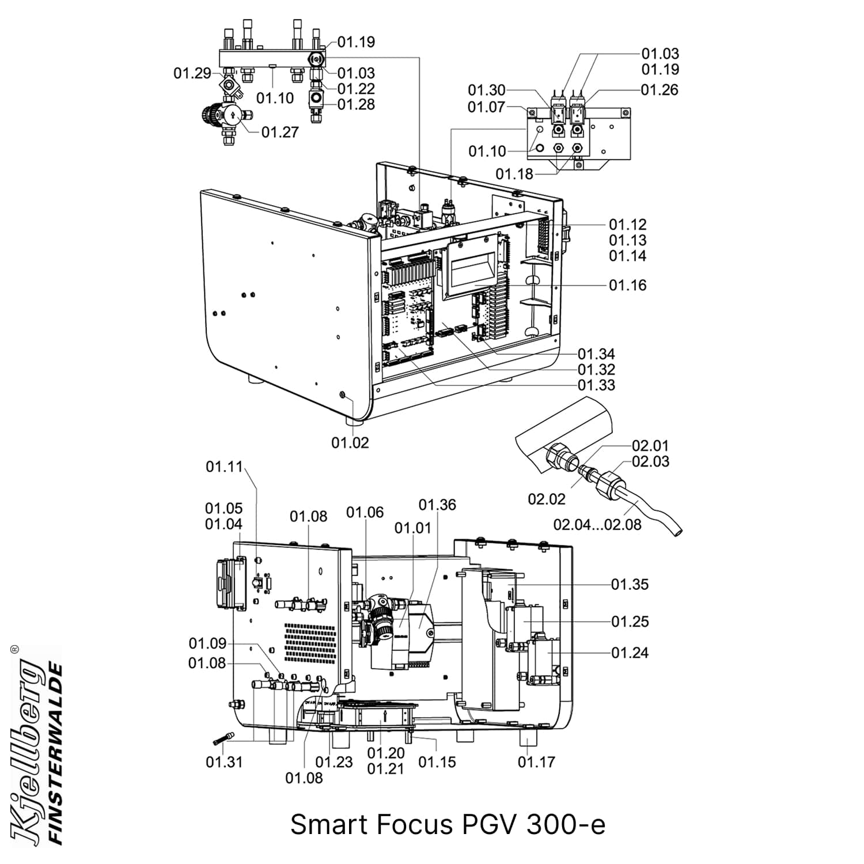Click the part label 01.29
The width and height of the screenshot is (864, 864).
tap(192, 74)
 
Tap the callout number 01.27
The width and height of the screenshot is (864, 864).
tap(280, 132)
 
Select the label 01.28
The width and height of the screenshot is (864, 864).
tap(356, 104)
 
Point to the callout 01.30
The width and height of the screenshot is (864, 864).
tap(486, 90)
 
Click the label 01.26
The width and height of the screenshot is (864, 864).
tap(660, 90)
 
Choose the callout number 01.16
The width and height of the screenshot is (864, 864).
tap(628, 285)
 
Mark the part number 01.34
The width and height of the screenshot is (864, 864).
tap(596, 354)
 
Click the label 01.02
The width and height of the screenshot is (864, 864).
tap(350, 442)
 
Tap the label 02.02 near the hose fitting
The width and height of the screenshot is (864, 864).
tap(547, 499)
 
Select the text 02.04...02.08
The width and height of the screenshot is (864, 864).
tap(597, 524)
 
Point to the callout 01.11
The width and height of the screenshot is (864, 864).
tap(225, 467)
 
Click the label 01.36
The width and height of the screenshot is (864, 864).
tap(437, 505)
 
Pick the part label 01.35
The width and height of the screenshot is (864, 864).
tap(630, 584)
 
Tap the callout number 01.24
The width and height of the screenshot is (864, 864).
tap(630, 653)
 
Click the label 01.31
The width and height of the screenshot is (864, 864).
tap(224, 762)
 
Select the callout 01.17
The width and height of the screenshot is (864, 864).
tap(536, 762)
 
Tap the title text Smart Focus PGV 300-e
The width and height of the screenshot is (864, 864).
tap(448, 824)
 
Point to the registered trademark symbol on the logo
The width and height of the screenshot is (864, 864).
tap(14, 649)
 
